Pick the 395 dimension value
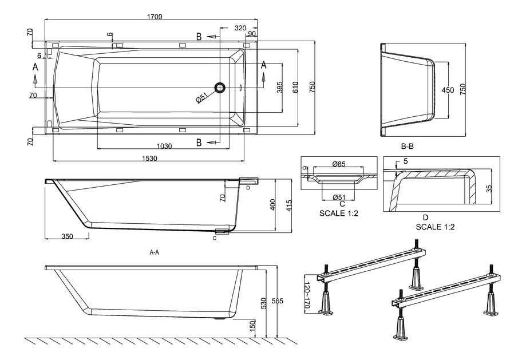pos(280,87)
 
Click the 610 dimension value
pos(296,87)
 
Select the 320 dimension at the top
pos(240,27)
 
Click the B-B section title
pos(407,147)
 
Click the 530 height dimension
pos(264,302)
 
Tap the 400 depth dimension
pos(273,205)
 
